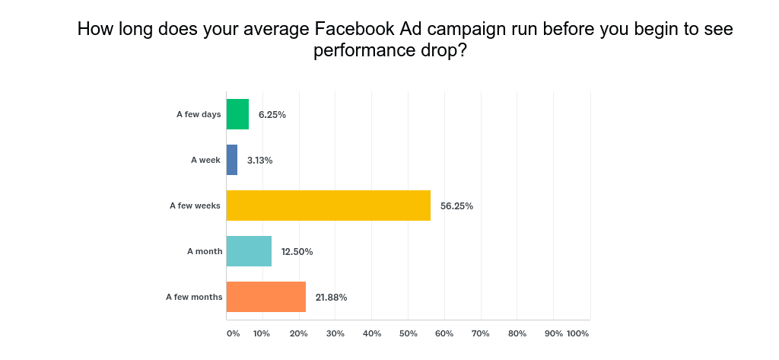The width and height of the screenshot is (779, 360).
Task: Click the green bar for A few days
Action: pos(237,114)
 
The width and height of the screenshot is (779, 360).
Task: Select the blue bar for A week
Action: pos(232,160)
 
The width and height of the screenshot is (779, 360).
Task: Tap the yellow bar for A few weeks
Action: pos(329,205)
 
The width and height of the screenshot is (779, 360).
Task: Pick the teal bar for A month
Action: pos(249,251)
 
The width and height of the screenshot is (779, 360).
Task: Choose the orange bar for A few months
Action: pos(266,297)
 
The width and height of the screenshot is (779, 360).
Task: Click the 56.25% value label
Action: pos(456,205)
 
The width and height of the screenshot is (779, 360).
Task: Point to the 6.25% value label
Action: pos(272,114)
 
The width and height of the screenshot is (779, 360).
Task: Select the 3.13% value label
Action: pos(259,160)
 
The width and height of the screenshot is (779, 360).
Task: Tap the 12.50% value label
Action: pos(297,251)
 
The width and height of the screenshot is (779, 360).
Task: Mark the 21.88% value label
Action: pos(331,297)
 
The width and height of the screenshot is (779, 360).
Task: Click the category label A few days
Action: pos(199,114)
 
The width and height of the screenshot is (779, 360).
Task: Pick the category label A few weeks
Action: pos(196,205)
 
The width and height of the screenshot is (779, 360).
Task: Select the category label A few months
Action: pos(194,297)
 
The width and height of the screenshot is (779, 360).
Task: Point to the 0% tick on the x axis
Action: pos(233,333)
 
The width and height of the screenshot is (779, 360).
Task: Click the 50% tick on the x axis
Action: pos(408,333)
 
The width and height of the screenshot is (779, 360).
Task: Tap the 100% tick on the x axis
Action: pos(578,333)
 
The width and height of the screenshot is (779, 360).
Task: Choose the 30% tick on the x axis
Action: pos(335,333)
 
